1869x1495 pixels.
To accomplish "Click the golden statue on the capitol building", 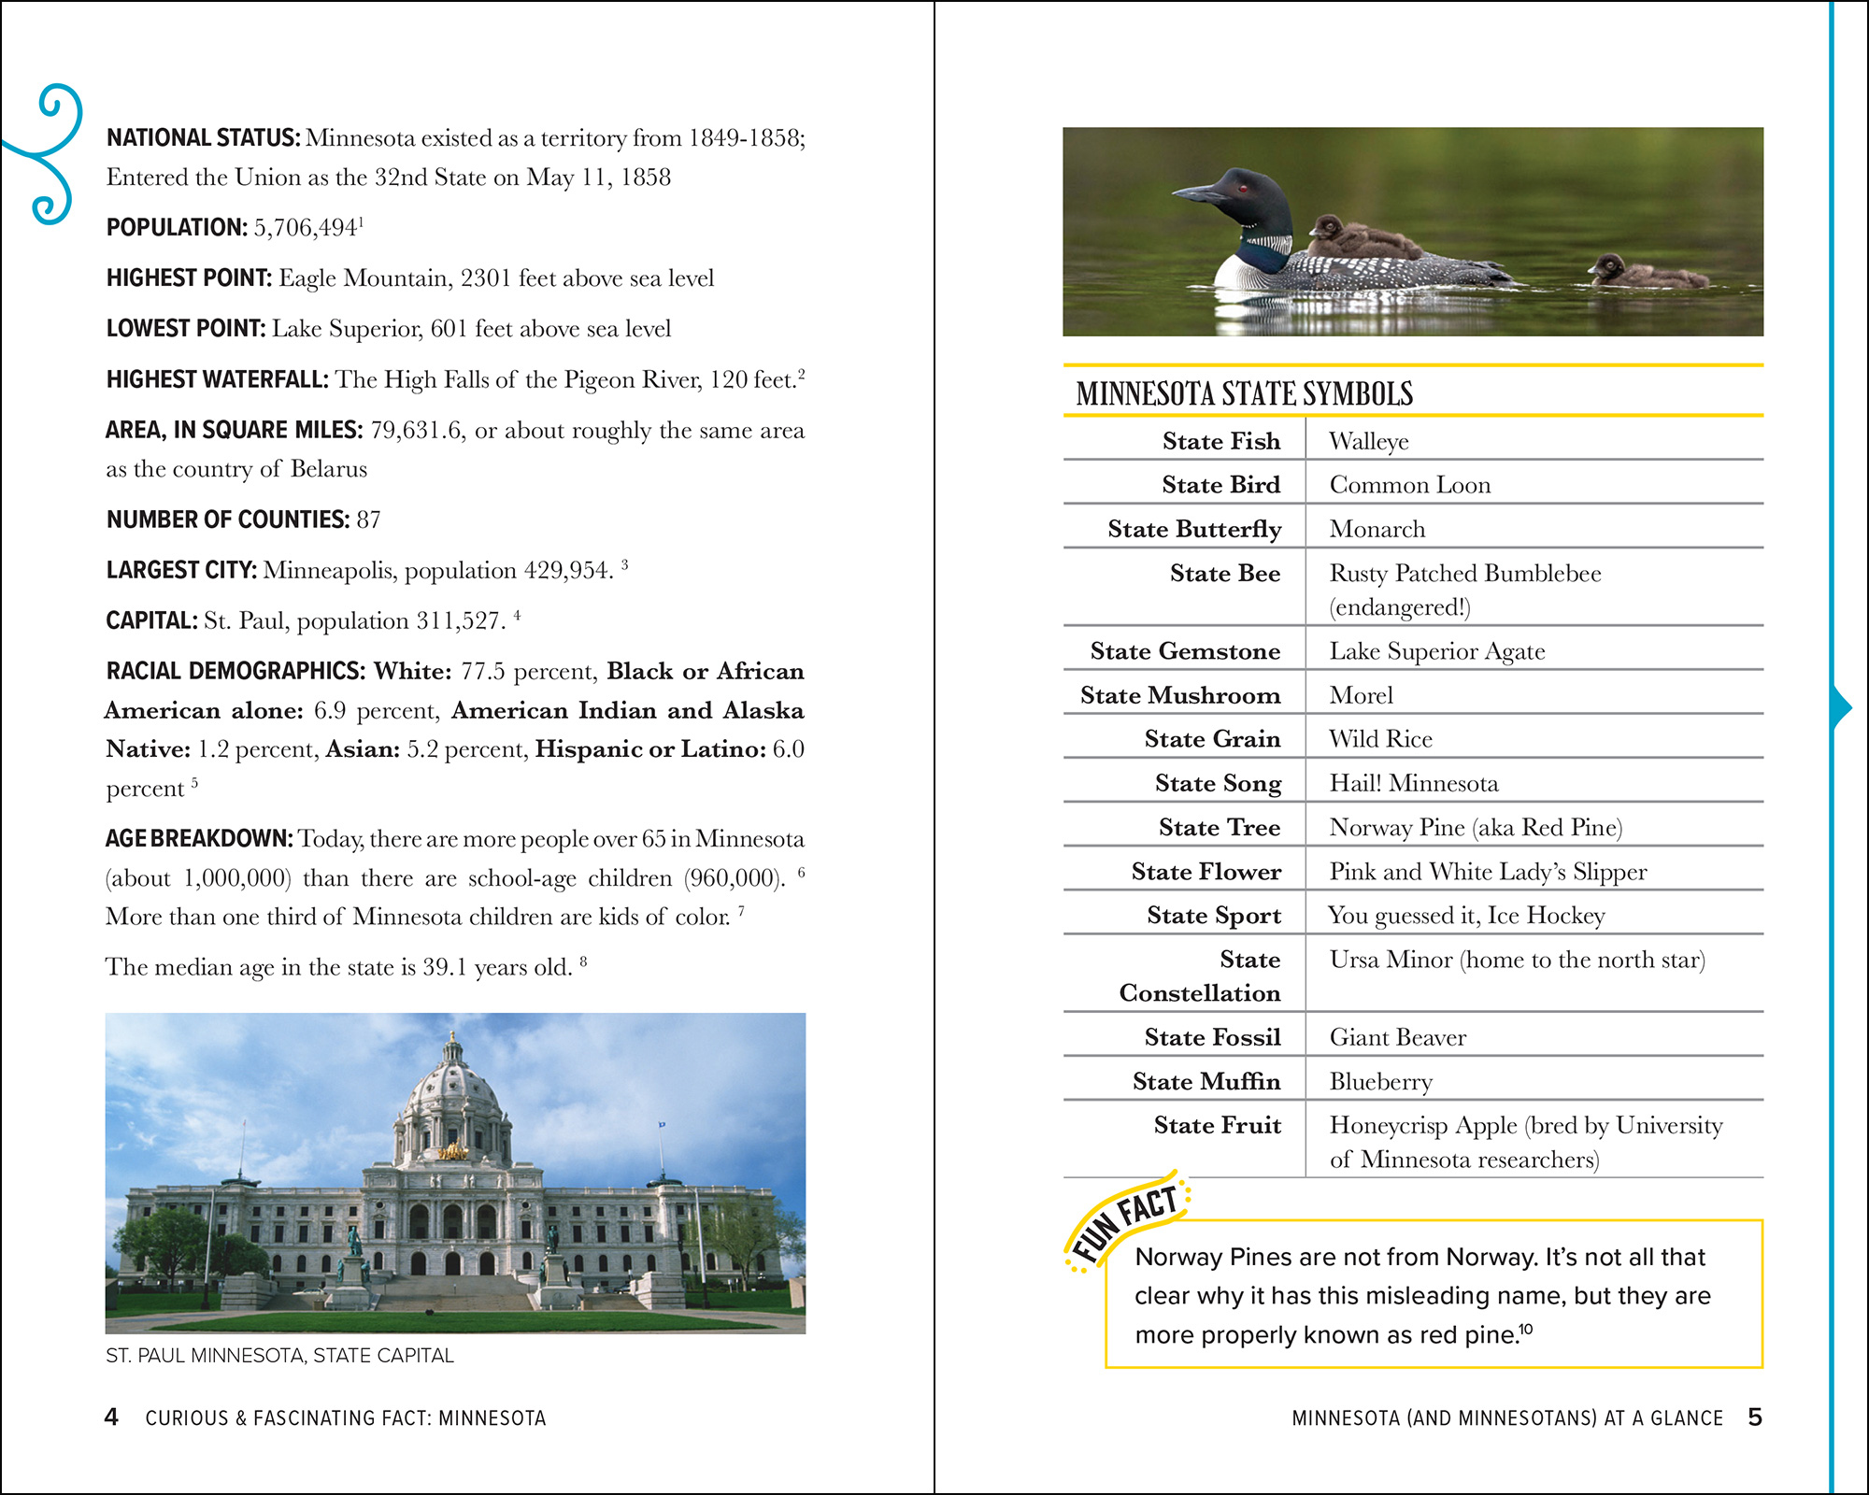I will click(x=453, y=1151).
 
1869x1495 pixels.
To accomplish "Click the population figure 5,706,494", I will click(x=305, y=228).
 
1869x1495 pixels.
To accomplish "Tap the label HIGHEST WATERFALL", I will click(x=217, y=379).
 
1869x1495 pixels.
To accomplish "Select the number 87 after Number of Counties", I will click(x=368, y=520).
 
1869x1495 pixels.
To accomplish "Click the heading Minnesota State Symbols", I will click(x=1244, y=394).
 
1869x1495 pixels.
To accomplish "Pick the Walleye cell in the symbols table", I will click(x=1369, y=441).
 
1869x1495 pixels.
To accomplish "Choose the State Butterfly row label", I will click(x=1193, y=529).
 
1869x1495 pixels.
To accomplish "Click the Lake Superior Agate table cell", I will click(x=1436, y=651).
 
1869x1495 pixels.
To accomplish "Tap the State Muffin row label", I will click(x=1206, y=1081).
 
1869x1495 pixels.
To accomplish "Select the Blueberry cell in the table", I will click(x=1380, y=1082).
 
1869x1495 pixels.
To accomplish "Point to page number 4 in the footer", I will click(x=111, y=1417).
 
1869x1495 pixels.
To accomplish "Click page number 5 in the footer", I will click(x=1755, y=1417).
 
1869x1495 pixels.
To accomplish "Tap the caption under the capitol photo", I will click(x=279, y=1356).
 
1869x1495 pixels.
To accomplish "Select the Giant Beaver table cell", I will click(x=1397, y=1037).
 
